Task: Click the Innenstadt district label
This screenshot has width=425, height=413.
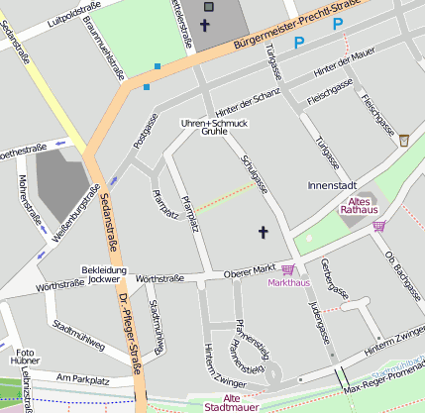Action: click(x=332, y=185)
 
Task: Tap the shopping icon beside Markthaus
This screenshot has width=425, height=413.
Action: click(x=288, y=269)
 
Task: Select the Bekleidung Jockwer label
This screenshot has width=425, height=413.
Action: click(x=104, y=274)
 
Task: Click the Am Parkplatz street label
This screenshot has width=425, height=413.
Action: click(x=82, y=378)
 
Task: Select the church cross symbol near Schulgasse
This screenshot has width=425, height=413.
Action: click(x=264, y=233)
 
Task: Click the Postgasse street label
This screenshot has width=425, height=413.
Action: click(x=146, y=134)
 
